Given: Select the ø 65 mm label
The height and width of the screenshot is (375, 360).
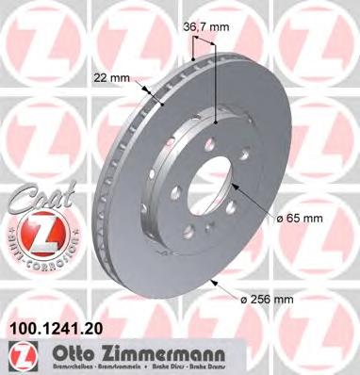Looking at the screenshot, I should [x=301, y=220].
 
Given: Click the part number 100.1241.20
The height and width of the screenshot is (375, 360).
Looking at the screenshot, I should [x=55, y=330].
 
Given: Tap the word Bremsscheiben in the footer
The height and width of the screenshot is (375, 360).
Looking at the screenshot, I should [x=57, y=364].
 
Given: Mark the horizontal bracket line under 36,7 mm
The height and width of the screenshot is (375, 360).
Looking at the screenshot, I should [x=205, y=60].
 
